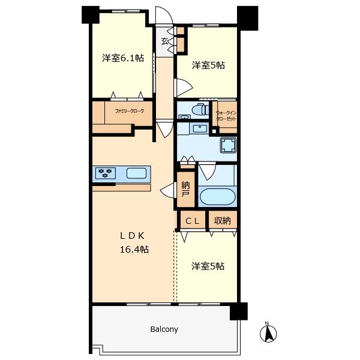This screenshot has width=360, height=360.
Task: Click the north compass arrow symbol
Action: [x=268, y=332]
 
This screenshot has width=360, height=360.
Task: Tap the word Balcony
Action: [x=164, y=329]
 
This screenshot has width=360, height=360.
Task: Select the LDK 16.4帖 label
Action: [x=134, y=242]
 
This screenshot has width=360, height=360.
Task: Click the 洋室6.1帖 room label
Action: [x=123, y=58]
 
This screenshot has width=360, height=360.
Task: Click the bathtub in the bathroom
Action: [x=217, y=197]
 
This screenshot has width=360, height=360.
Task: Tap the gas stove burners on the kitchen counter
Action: [x=105, y=173]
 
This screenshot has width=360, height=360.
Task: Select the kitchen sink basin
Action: [x=136, y=173]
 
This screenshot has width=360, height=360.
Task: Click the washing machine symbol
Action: [x=228, y=145]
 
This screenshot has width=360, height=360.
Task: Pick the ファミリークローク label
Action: [x=129, y=111]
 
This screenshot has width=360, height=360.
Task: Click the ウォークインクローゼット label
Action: [x=226, y=116]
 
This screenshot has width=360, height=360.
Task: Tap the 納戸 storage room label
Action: [x=185, y=189]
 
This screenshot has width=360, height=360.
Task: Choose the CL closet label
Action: [x=192, y=221]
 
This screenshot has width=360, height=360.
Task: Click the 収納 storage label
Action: [x=222, y=221]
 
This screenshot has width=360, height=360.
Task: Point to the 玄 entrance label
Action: [x=165, y=41]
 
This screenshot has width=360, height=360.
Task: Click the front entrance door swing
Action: [x=164, y=15]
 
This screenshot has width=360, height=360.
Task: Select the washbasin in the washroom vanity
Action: [x=200, y=128]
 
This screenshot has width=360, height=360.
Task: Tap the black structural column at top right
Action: [x=247, y=19]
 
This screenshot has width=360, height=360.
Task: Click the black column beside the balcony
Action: [x=239, y=311]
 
